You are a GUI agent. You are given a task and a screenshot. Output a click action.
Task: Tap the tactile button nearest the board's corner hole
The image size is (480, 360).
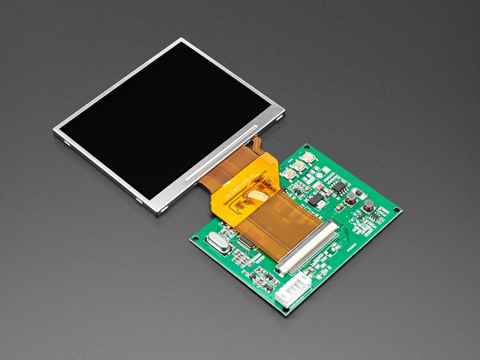pos(309,158)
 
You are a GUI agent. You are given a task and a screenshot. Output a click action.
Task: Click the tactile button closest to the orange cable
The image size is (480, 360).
pos(288,173)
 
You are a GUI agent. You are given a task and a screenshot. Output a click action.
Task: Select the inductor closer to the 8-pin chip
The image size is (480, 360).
pos(350,198)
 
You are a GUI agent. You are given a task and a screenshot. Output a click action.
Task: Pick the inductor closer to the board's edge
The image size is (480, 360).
pos(368,206)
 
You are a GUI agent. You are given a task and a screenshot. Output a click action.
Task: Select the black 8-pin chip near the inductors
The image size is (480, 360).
pos(339,186)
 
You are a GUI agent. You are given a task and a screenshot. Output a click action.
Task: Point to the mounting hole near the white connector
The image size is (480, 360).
pos(286,309)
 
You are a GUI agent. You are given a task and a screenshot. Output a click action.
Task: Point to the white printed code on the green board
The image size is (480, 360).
pos(351,244)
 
